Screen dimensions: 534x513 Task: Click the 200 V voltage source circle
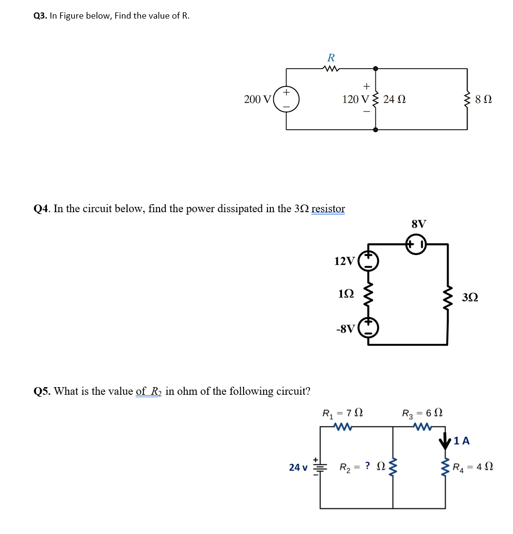pos(287,99)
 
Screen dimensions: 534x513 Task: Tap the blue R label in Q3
pos(331,58)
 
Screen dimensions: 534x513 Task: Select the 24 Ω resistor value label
pos(395,99)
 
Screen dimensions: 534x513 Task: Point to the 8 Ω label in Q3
pos(484,100)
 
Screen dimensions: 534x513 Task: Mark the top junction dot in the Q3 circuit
pos(375,69)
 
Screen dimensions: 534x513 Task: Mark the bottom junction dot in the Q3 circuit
pos(375,129)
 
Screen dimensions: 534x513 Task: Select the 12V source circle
pos(368,261)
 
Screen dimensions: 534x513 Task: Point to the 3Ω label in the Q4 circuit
pos(470,298)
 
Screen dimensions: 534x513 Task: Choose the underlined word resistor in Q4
pos(328,208)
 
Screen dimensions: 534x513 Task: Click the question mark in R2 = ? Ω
pos(368,466)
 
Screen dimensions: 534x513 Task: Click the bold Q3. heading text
pos(41,16)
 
